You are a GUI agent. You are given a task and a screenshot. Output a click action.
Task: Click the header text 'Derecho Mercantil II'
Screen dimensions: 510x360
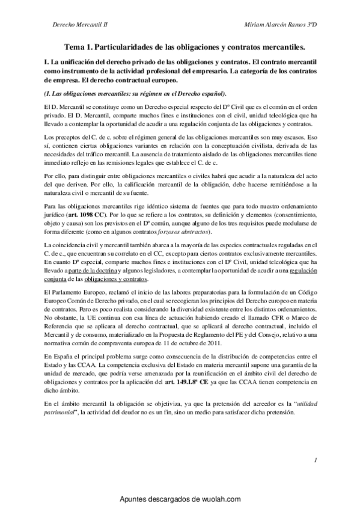point(79,26)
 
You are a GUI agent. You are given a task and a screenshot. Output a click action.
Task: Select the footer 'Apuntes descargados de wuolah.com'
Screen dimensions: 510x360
point(180,499)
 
